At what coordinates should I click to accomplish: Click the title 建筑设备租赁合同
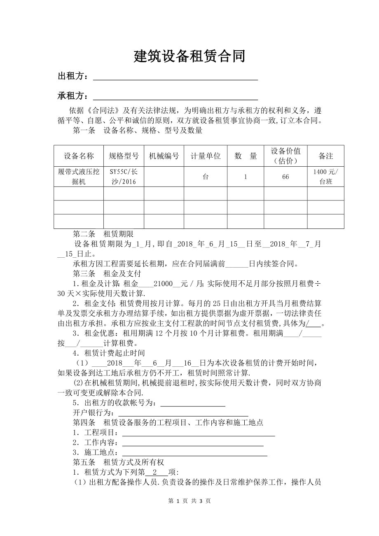(189, 56)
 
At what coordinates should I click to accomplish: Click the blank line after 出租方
(175, 77)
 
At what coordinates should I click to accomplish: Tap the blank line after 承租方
(175, 97)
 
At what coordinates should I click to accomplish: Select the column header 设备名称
(79, 156)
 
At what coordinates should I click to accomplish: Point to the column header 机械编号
(164, 156)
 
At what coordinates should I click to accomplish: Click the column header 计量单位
(206, 156)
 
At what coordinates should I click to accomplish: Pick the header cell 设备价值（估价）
(285, 156)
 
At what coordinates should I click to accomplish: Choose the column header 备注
(325, 156)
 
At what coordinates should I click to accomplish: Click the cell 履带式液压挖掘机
(79, 177)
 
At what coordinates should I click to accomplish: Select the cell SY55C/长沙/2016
(124, 177)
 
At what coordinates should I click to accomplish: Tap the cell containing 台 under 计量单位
(206, 177)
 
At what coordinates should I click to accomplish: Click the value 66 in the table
(285, 177)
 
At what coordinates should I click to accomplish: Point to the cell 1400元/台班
(325, 177)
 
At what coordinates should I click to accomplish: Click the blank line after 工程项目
(199, 433)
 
